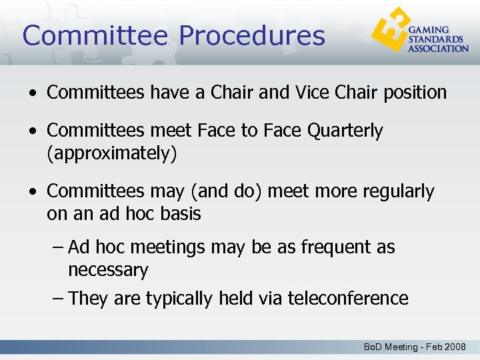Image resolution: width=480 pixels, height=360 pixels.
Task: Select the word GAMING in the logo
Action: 428,31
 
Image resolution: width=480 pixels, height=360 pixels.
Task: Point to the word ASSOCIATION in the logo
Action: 438,48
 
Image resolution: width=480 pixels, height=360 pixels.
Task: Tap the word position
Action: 415,93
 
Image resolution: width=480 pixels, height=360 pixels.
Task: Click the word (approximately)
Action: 112,154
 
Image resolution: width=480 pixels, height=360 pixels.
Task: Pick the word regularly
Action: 398,191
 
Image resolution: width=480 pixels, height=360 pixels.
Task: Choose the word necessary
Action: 108,271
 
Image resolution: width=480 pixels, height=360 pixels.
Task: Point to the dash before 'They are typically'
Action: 58,298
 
